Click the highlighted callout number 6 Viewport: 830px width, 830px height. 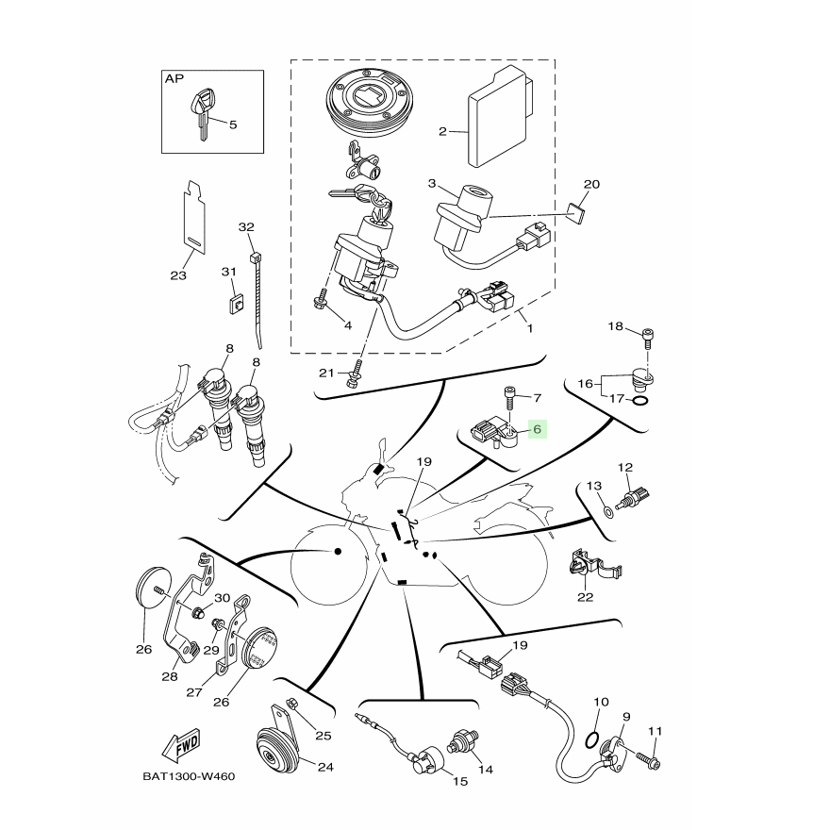tap(538, 429)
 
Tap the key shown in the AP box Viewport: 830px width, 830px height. tap(204, 114)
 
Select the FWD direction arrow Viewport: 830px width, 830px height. tap(181, 743)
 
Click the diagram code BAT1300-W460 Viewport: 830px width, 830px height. tap(189, 776)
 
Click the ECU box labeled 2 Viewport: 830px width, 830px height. tap(500, 116)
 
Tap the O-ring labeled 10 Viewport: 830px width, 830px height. tap(592, 740)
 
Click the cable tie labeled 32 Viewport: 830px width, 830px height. tap(257, 299)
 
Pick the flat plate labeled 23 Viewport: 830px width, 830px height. tap(193, 218)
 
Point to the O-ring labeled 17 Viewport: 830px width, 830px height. tap(640, 400)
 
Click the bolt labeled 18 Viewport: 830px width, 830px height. tap(647, 339)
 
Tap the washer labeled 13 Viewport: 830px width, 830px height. tap(608, 511)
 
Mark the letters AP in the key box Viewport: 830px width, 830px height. tap(174, 79)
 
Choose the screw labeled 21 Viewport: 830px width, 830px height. tap(354, 373)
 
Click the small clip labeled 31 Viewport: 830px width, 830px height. tap(236, 305)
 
